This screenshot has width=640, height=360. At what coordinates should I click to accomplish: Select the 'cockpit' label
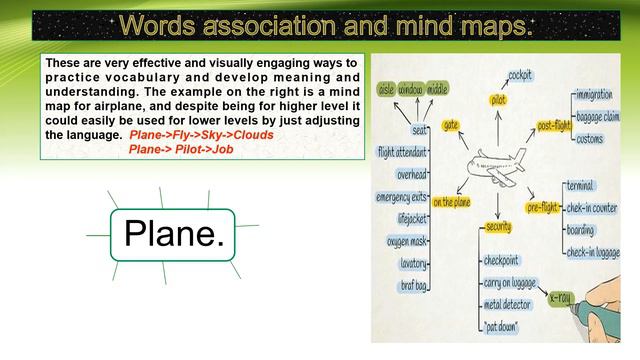click(520, 75)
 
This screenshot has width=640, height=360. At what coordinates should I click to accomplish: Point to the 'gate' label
click(451, 125)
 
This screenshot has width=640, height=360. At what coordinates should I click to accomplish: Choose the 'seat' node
click(420, 130)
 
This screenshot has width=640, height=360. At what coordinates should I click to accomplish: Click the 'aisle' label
click(387, 89)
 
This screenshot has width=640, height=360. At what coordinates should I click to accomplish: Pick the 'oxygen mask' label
click(406, 241)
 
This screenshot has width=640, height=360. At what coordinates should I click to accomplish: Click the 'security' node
click(499, 227)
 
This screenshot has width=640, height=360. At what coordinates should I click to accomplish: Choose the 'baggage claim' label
click(598, 116)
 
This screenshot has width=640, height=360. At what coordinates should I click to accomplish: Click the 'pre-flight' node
click(544, 207)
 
